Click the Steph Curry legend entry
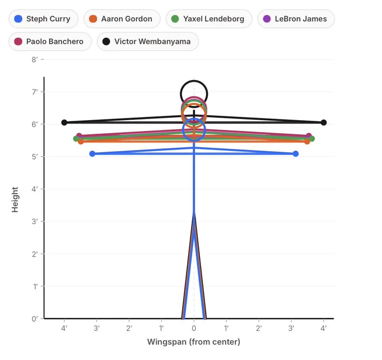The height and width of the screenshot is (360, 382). [43, 19]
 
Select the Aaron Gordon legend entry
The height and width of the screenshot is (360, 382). [122, 19]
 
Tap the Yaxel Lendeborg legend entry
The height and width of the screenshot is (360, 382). [209, 19]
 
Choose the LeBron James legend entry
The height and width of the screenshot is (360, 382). [296, 19]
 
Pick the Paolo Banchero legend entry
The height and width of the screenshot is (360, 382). [50, 42]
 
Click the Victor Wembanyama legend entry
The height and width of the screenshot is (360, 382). [148, 42]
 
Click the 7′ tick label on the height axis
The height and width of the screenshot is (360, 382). [35, 92]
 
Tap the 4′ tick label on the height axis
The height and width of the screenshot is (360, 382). [35, 189]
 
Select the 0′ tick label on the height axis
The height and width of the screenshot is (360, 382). [35, 318]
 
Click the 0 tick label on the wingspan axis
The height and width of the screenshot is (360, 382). [194, 329]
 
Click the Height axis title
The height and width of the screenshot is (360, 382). [15, 200]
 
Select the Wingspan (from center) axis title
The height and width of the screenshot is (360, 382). [194, 342]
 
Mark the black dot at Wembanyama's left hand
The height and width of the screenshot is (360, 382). [64, 122]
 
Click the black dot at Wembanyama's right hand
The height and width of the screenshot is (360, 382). [324, 122]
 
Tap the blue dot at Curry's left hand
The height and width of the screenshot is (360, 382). [92, 154]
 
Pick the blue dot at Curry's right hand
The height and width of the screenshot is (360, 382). [295, 154]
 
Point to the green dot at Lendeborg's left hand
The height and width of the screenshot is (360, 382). [76, 139]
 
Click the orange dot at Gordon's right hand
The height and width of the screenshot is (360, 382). [307, 142]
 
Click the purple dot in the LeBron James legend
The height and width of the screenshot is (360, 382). [267, 19]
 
